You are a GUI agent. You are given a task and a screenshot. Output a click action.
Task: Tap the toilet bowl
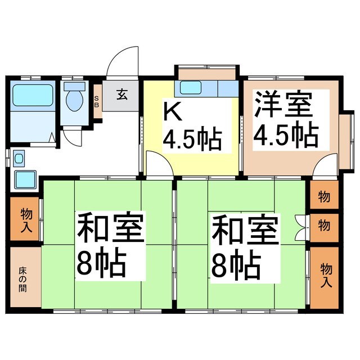(74, 100)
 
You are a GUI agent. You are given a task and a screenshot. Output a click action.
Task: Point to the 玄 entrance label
(121, 94)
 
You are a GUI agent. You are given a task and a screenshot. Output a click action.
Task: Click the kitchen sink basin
(190, 88)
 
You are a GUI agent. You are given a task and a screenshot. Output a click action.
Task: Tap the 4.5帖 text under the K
(192, 138)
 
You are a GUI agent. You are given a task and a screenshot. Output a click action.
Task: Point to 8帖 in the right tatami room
(236, 265)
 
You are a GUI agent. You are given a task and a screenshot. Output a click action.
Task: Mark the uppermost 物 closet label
(324, 197)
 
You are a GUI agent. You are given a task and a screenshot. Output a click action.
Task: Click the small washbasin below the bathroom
(25, 179)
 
